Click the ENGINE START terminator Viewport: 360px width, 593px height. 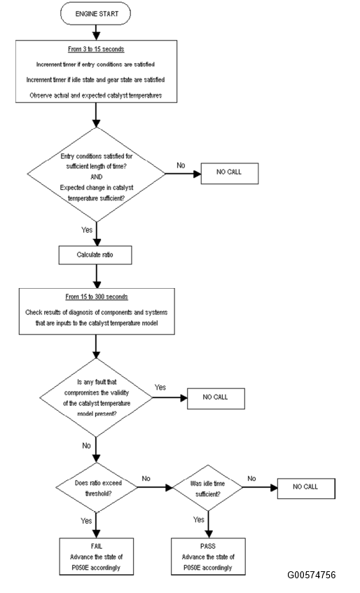tap(95, 14)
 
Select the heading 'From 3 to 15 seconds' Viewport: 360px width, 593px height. tap(96, 49)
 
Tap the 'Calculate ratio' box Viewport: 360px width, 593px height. tap(95, 255)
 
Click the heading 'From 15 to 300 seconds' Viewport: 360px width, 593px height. tap(97, 297)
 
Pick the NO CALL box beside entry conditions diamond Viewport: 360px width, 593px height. tap(229, 174)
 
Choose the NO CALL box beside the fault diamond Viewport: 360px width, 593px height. tap(216, 398)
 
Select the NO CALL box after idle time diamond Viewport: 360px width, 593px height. tap(306, 489)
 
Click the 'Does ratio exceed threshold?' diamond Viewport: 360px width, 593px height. tap(97, 487)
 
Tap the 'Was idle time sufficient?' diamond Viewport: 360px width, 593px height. tap(207, 488)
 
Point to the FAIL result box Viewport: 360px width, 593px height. tap(97, 557)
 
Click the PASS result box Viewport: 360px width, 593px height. tap(208, 557)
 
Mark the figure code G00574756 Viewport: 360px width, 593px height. tap(311, 575)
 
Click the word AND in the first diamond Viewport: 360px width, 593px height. tap(97, 177)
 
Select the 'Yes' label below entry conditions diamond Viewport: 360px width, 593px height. tap(87, 230)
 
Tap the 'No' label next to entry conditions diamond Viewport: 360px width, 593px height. tap(181, 165)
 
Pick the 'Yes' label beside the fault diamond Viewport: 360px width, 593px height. tap(160, 387)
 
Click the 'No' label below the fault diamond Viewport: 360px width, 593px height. tap(87, 446)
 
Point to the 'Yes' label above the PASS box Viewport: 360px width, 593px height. tap(199, 519)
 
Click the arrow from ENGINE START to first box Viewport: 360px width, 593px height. tap(97, 32)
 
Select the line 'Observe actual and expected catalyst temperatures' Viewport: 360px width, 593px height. tap(96, 95)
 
